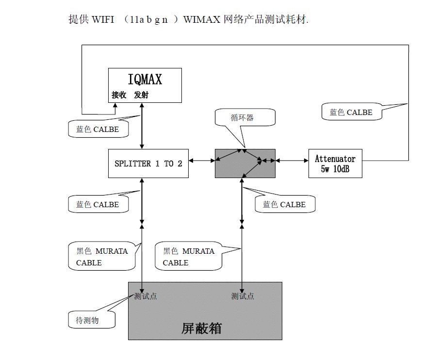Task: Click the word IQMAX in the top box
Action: click(x=145, y=80)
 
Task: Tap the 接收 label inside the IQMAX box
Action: click(x=119, y=95)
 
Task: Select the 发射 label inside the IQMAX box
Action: click(x=141, y=95)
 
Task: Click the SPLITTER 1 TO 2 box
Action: click(x=148, y=164)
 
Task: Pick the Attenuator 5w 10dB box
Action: click(x=335, y=164)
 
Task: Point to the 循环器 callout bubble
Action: click(x=242, y=118)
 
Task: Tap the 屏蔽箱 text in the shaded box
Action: click(x=201, y=328)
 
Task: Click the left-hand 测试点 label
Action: click(x=146, y=296)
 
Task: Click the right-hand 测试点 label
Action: click(x=243, y=296)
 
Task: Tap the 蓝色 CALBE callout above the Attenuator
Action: click(x=351, y=112)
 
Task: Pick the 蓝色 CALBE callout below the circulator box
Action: click(x=284, y=204)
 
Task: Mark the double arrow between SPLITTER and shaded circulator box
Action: click(x=202, y=161)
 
